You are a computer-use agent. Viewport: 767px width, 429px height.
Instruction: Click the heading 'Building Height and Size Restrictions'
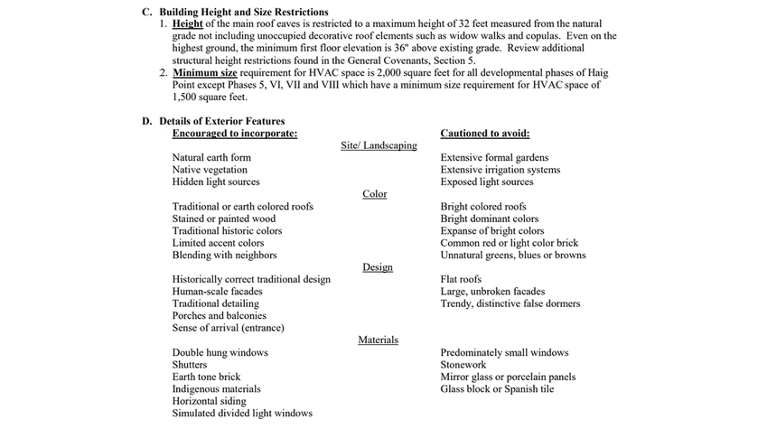pyautogui.click(x=238, y=12)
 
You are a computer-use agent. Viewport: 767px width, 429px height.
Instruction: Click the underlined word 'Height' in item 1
pyautogui.click(x=188, y=23)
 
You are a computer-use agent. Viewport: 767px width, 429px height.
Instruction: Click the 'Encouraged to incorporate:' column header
pyautogui.click(x=234, y=133)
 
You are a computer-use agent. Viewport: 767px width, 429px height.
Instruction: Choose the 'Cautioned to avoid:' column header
pyautogui.click(x=484, y=133)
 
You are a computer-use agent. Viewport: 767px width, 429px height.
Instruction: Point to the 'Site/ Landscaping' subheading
pyautogui.click(x=379, y=145)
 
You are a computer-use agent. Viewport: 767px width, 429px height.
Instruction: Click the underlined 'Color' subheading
pyautogui.click(x=374, y=194)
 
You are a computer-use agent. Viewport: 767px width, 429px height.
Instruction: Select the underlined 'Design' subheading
pyautogui.click(x=378, y=267)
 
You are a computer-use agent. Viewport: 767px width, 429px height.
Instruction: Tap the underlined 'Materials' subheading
pyautogui.click(x=378, y=340)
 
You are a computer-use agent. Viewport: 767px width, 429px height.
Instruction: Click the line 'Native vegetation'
pyautogui.click(x=210, y=170)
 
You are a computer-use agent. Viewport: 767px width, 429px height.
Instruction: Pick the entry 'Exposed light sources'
pyautogui.click(x=487, y=182)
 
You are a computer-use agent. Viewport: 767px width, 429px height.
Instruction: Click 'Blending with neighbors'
pyautogui.click(x=224, y=255)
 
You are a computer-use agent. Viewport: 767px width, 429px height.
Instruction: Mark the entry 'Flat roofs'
pyautogui.click(x=461, y=279)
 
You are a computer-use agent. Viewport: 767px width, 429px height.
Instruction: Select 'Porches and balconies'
pyautogui.click(x=220, y=316)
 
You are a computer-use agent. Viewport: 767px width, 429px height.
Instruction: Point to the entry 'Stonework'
pyautogui.click(x=463, y=365)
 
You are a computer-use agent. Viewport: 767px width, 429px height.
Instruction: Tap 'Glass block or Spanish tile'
pyautogui.click(x=497, y=389)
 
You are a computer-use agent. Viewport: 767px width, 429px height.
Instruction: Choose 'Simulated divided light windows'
pyautogui.click(x=242, y=414)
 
